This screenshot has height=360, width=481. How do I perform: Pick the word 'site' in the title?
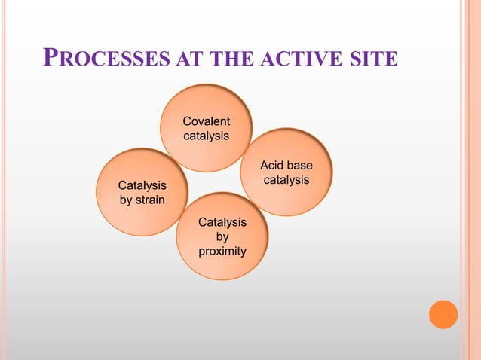373,59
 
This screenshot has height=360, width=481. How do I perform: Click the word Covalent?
207,121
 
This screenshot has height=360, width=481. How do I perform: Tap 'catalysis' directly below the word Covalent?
207,136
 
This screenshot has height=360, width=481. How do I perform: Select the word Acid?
272,166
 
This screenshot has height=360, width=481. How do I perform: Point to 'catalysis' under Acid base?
286,181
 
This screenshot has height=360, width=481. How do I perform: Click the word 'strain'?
151,200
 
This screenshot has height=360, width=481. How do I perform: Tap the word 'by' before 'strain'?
126,200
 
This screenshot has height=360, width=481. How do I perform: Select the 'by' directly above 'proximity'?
222,236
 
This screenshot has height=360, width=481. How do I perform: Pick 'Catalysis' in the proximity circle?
222,221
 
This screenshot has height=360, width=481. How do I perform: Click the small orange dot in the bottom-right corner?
443,314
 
